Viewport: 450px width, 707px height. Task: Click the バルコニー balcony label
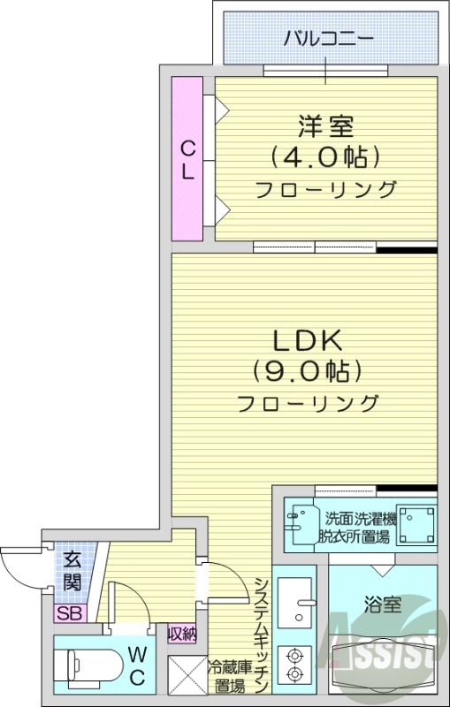[329, 38]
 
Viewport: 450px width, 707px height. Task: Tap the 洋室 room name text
[325, 125]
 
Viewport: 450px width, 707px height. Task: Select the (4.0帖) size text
[325, 157]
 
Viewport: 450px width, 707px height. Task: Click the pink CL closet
[187, 158]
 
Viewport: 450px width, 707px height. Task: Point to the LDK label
[306, 341]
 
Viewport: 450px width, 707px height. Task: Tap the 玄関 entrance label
[72, 571]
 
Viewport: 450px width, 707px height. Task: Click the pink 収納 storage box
[183, 633]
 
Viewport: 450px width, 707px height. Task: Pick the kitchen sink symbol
[295, 601]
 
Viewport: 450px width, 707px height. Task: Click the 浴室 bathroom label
[383, 605]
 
